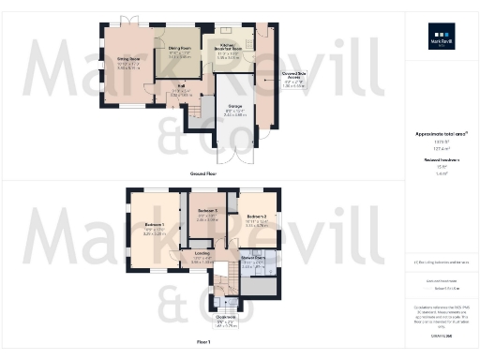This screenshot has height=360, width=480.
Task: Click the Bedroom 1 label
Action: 155,225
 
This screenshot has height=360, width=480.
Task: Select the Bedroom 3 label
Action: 207,211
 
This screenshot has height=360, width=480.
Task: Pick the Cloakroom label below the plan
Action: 225,317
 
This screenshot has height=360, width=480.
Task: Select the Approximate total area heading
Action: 442,134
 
